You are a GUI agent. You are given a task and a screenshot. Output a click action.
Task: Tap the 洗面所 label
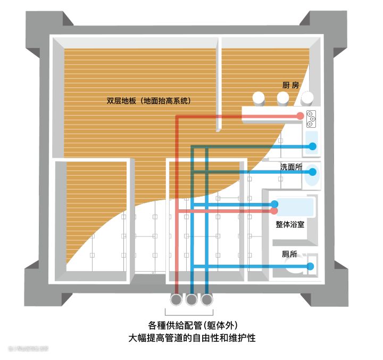pyautogui.click(x=291, y=167)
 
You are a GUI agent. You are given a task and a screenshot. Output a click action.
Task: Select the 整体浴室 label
pyautogui.click(x=290, y=225)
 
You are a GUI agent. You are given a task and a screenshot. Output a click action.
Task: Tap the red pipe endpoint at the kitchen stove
pyautogui.click(x=301, y=116)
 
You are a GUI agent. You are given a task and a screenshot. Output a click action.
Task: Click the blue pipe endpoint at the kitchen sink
pyautogui.click(x=313, y=146)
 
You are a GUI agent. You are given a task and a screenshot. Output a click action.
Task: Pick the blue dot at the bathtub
pyautogui.click(x=274, y=203)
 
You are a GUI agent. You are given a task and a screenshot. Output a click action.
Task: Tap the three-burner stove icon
pyautogui.click(x=311, y=118)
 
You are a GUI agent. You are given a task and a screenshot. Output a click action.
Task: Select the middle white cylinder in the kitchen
pyautogui.click(x=284, y=97)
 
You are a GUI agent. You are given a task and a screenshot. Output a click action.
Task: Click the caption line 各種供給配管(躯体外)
pyautogui.click(x=191, y=325)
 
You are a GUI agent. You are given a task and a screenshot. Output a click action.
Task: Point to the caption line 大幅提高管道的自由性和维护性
pyautogui.click(x=191, y=338)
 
